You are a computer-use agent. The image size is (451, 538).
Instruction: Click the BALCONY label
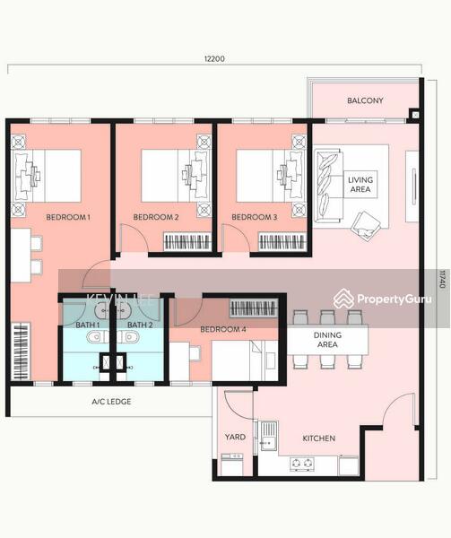pyautogui.click(x=365, y=100)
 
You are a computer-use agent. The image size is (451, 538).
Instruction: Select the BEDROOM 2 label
pyautogui.click(x=156, y=217)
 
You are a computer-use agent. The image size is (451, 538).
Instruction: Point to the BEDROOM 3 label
pyautogui.click(x=255, y=217)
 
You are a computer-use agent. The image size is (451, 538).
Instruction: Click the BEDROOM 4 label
pyautogui.click(x=222, y=329)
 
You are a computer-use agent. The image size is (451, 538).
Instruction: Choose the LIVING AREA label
pyautogui.click(x=360, y=186)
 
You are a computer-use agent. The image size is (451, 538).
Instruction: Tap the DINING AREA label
pyautogui.click(x=327, y=339)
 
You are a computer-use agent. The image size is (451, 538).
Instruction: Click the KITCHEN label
pyautogui.click(x=318, y=438)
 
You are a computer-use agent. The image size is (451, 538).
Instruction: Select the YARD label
pyautogui.click(x=234, y=438)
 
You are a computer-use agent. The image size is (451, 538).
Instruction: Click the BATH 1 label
pyautogui.click(x=87, y=325)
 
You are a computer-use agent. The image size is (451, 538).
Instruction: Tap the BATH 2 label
pyautogui.click(x=139, y=325)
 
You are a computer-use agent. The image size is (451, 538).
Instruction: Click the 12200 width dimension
pyautogui.click(x=213, y=59)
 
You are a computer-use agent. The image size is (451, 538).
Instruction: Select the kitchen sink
pyautogui.click(x=266, y=438)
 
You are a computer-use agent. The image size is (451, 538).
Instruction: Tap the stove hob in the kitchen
pyautogui.click(x=302, y=464)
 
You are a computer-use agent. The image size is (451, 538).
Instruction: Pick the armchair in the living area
pyautogui.click(x=366, y=224)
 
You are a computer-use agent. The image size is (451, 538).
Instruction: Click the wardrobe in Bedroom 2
pyautogui.click(x=188, y=241)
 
